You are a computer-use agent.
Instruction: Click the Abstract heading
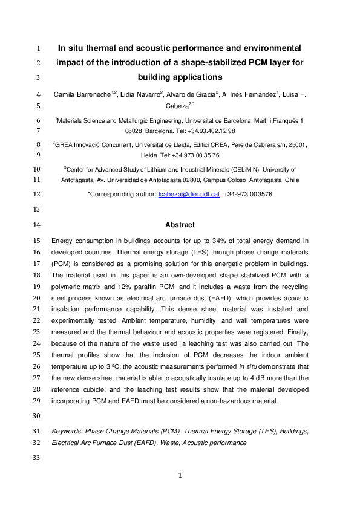click(180, 225)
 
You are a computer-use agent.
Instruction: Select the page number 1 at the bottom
click(180, 476)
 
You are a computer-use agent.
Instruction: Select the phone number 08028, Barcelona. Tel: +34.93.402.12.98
click(180, 131)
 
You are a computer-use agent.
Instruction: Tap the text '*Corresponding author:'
click(122, 194)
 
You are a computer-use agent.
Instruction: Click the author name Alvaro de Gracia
click(189, 94)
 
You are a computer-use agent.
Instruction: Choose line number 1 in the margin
click(38, 48)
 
